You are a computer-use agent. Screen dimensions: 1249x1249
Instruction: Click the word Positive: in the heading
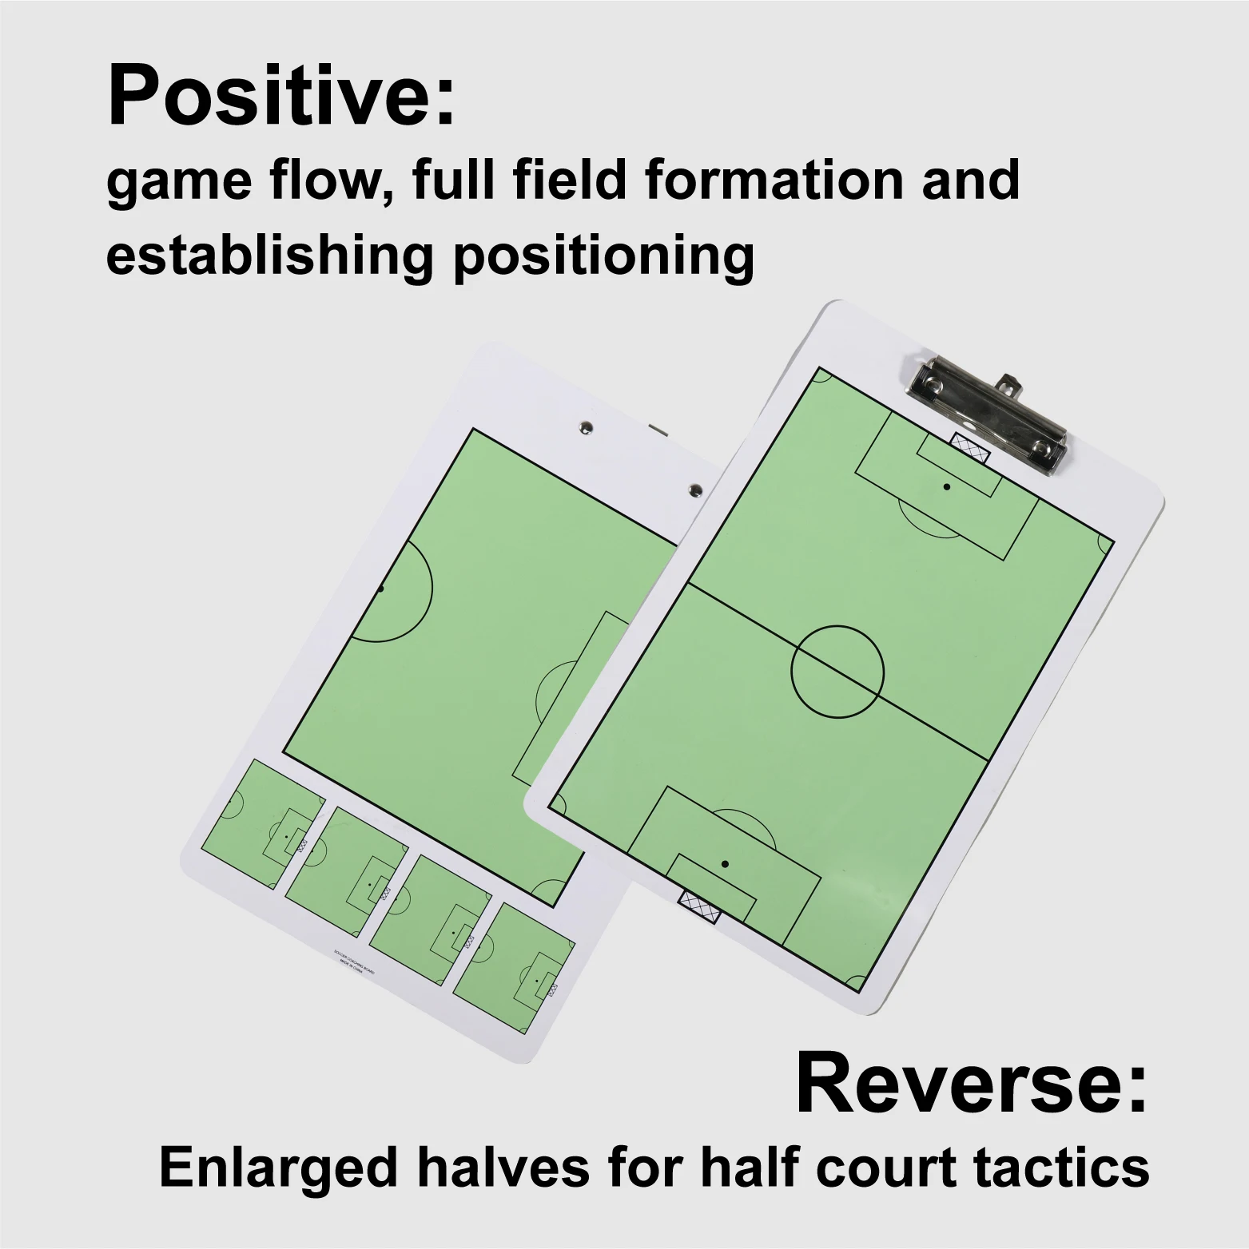click(280, 97)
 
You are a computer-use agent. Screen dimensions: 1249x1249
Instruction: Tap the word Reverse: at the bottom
click(971, 1085)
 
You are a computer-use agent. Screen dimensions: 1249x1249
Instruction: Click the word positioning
click(603, 256)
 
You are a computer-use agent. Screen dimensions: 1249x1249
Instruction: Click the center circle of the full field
click(837, 669)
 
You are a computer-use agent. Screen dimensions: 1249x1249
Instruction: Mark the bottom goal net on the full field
click(699, 907)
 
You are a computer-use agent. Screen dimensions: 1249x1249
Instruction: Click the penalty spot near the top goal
click(946, 486)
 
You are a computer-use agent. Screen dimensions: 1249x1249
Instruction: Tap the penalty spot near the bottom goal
click(725, 864)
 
